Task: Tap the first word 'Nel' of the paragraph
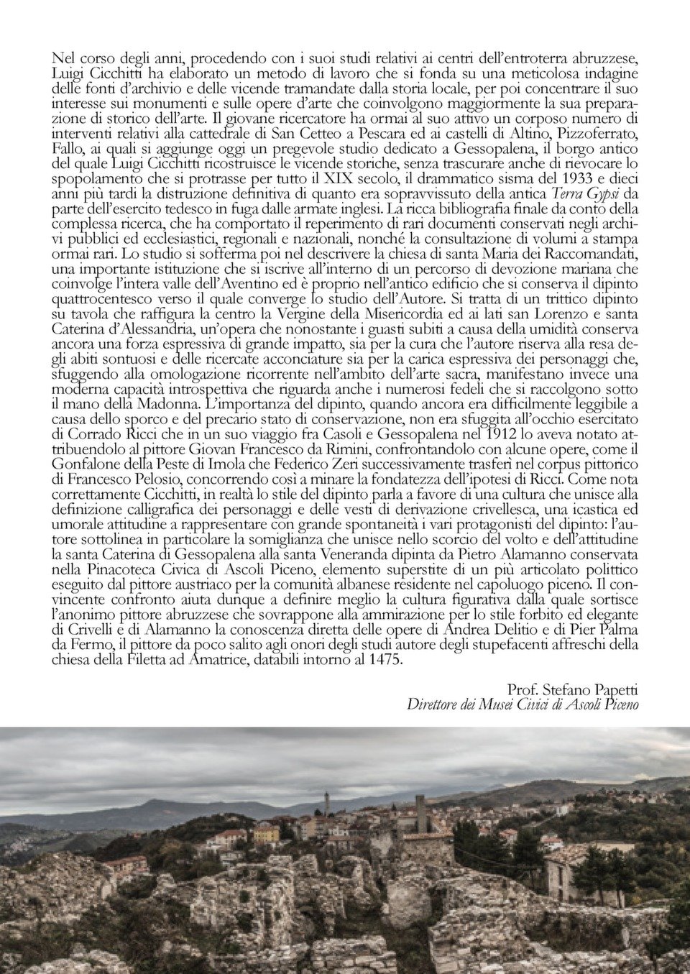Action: pos(64,57)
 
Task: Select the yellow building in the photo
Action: pos(265,835)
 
